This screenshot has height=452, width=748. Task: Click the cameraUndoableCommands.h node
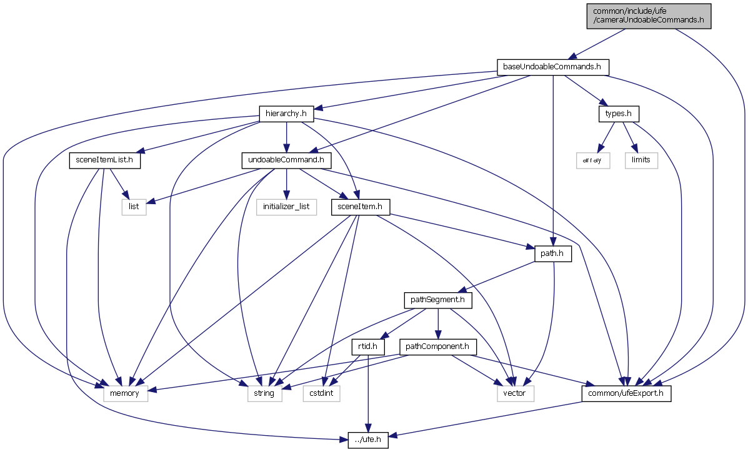pos(649,15)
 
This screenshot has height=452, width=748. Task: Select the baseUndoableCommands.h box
pos(552,67)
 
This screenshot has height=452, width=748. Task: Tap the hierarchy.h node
pos(286,114)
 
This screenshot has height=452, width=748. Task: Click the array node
pos(592,160)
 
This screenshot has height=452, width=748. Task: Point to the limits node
pos(641,160)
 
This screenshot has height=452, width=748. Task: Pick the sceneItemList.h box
pos(104,160)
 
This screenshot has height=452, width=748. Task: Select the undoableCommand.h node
pos(286,160)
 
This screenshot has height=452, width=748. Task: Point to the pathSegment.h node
pos(437,300)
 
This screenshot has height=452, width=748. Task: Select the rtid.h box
pos(369,346)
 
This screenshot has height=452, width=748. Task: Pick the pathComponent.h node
pos(441,346)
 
